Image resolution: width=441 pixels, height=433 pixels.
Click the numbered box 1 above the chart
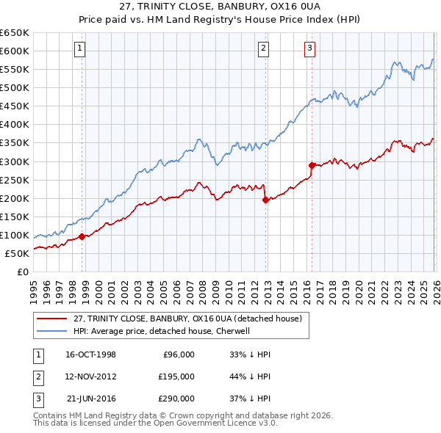pyautogui.click(x=79, y=49)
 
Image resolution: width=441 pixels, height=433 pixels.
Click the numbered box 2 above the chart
pyautogui.click(x=263, y=49)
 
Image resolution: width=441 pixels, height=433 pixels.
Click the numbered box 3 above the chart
pyautogui.click(x=309, y=49)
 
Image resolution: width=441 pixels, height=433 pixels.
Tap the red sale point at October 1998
pyautogui.click(x=82, y=236)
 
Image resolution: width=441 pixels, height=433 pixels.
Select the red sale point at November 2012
pyautogui.click(x=265, y=200)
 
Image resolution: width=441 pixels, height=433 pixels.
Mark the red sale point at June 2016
pyautogui.click(x=312, y=165)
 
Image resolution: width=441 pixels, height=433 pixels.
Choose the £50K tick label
pyautogui.click(x=17, y=253)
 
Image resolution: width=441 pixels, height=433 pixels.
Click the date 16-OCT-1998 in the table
pyautogui.click(x=90, y=354)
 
